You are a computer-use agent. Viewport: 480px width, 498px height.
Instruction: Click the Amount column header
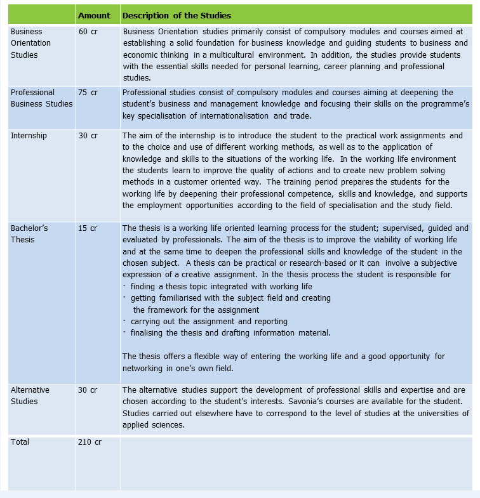click(x=94, y=15)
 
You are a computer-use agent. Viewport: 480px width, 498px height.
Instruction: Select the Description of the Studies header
click(x=177, y=15)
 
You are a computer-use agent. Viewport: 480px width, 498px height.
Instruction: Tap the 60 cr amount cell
click(x=88, y=31)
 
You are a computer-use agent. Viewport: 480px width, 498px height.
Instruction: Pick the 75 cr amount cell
click(x=88, y=93)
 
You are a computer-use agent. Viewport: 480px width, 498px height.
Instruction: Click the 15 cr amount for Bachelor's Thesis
click(x=88, y=228)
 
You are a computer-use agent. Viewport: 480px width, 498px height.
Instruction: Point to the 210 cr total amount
click(x=90, y=442)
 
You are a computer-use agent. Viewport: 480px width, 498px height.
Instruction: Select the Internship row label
click(x=29, y=136)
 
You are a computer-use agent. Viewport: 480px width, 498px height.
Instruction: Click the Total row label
click(x=20, y=442)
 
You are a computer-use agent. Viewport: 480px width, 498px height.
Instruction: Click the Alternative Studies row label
click(x=30, y=395)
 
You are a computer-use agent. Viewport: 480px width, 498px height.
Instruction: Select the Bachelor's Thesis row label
click(x=29, y=234)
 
